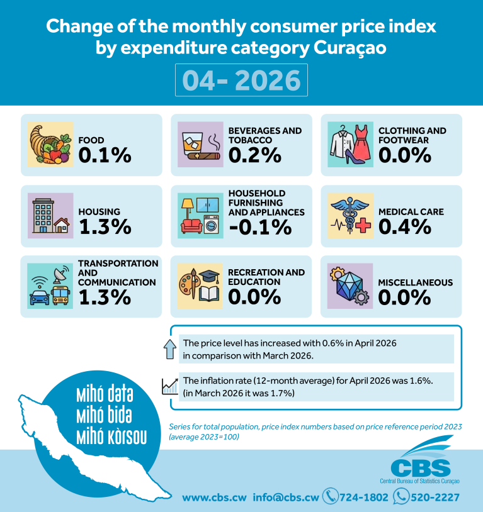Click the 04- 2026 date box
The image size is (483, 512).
coord(241,80)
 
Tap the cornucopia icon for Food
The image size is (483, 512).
coord(50,144)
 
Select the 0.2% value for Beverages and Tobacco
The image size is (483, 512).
coord(255,155)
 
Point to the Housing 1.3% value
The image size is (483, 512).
coord(105,226)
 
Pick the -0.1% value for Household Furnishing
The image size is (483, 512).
coord(260,227)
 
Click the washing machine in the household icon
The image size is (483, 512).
coord(211,224)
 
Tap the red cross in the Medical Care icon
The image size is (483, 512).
coord(363,225)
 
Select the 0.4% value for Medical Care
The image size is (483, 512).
coord(405,226)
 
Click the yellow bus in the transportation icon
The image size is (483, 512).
coord(60,295)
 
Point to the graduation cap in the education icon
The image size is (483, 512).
coord(209,276)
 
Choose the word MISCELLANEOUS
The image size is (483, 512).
coord(416,282)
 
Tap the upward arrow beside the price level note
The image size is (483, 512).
coord(170,349)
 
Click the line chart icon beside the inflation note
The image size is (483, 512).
coord(170,386)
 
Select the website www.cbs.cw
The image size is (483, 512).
coord(214,498)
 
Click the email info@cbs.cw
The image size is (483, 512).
coord(285,498)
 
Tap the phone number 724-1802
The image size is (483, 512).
coord(363,498)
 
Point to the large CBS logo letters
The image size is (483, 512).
coord(421,468)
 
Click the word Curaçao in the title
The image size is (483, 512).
coord(350,48)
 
